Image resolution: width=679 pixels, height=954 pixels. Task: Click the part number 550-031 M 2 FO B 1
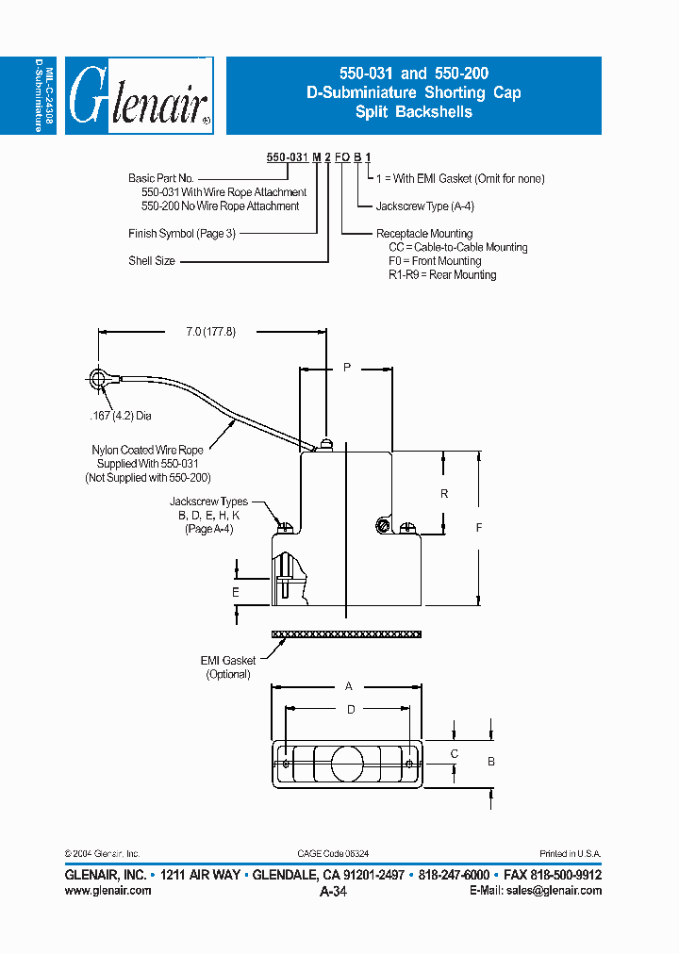pos(311,157)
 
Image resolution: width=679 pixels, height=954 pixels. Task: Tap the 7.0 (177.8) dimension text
pos(210,331)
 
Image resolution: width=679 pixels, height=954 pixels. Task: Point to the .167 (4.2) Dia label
pos(121,414)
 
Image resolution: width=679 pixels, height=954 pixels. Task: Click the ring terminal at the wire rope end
pos(98,380)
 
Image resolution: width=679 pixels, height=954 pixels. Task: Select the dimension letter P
pos(347,368)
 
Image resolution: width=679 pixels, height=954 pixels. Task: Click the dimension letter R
pos(444,493)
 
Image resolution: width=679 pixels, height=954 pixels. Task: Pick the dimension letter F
pos(478,528)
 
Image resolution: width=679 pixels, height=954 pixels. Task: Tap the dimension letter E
pos(236,592)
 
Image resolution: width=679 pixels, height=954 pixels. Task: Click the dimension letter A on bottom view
pos(348,686)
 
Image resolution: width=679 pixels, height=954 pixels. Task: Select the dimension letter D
pos(349,708)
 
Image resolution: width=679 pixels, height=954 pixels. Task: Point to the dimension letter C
pos(454,753)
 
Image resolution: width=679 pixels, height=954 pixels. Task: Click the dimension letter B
pos(490,760)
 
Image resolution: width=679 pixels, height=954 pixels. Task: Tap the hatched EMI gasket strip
pos(346,634)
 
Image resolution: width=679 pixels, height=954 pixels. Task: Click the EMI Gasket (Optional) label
pos(227,667)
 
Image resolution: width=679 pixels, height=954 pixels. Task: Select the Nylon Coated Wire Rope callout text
pos(147,465)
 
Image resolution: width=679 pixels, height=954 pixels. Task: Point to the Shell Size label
pos(152,261)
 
